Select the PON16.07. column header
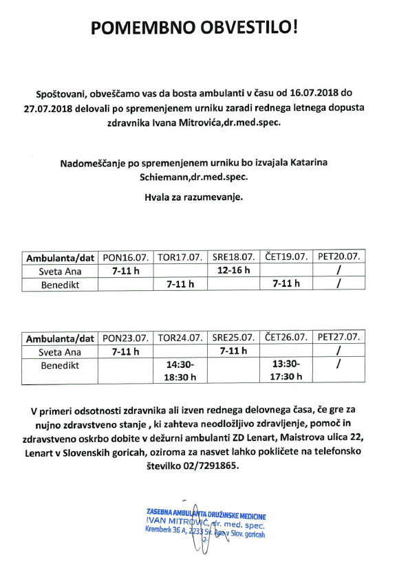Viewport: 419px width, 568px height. pyautogui.click(x=125, y=258)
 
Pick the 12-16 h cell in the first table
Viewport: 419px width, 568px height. pyautogui.click(x=233, y=270)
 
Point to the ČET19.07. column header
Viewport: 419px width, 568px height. pyautogui.click(x=287, y=258)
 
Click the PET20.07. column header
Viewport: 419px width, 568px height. pyautogui.click(x=339, y=258)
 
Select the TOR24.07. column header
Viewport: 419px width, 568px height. pyautogui.click(x=180, y=338)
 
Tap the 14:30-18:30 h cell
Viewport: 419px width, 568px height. pyautogui.click(x=180, y=370)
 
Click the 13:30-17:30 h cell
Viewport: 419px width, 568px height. pyautogui.click(x=287, y=370)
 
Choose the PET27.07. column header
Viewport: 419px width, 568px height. pyautogui.click(x=339, y=338)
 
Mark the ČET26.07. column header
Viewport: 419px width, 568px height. pyautogui.click(x=287, y=338)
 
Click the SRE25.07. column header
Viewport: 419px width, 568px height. pyautogui.click(x=235, y=338)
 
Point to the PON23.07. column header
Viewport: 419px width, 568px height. pyautogui.click(x=125, y=338)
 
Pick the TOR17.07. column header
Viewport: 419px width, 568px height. pyautogui.click(x=180, y=258)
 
